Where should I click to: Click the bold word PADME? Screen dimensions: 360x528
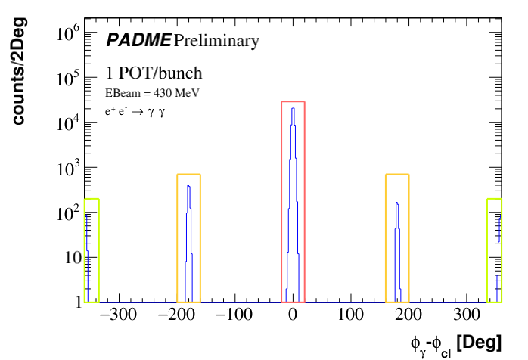click(138, 40)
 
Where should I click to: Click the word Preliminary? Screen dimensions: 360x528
click(216, 41)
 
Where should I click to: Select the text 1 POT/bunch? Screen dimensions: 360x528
click(154, 74)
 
